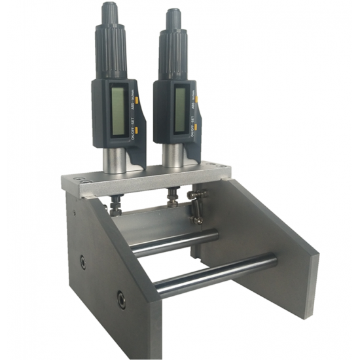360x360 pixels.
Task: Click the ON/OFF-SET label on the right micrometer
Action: point(193,120)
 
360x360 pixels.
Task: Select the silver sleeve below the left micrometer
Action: point(115,159)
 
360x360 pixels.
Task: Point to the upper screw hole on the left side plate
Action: point(82,262)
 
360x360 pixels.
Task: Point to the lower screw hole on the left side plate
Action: point(121,300)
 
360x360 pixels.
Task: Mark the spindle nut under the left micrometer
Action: point(115,204)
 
